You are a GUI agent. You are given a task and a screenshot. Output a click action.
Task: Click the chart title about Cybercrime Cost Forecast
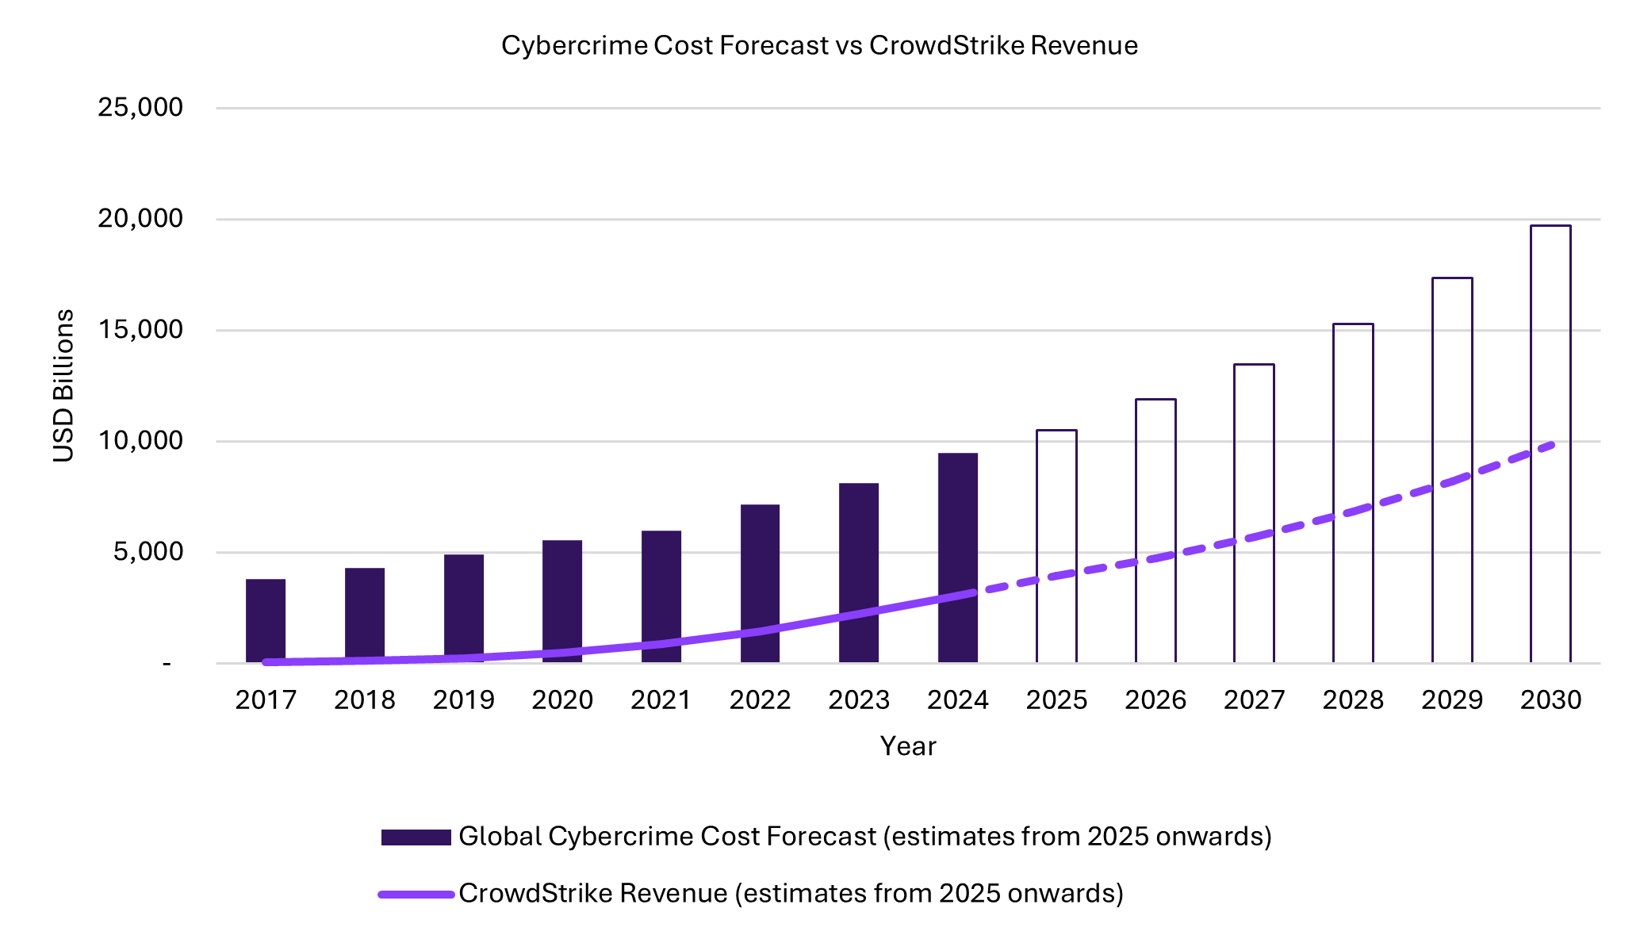click(x=819, y=45)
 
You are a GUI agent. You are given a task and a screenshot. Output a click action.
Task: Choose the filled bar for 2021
click(x=661, y=587)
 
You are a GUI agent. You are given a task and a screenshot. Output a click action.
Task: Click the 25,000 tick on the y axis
click(x=140, y=107)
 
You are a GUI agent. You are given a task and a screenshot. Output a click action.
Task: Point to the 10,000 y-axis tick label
click(x=140, y=441)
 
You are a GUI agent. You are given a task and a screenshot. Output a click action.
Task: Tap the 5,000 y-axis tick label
click(x=148, y=552)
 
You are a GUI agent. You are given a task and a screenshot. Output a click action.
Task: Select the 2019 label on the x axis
click(x=463, y=699)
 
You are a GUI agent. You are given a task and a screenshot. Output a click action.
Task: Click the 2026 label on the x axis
click(x=1155, y=699)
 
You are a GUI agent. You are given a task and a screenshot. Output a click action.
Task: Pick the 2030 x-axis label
click(x=1550, y=699)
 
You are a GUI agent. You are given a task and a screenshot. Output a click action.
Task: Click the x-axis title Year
click(x=908, y=746)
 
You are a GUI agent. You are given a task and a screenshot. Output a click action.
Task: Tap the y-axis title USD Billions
click(x=63, y=385)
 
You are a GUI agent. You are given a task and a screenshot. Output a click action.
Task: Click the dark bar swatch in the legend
click(x=416, y=837)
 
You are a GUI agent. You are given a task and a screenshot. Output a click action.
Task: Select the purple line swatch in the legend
click(x=416, y=894)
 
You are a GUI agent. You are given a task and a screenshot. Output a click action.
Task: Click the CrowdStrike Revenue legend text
click(x=791, y=894)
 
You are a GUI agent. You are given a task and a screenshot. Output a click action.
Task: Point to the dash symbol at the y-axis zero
click(x=167, y=663)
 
